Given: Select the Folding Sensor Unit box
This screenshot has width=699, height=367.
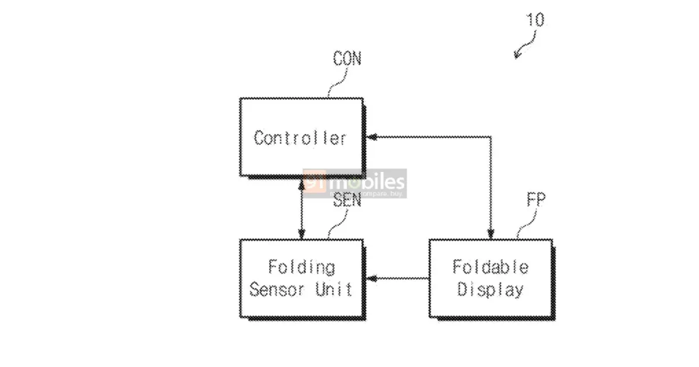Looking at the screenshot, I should tap(302, 278).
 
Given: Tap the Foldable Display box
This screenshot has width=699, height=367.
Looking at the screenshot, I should tap(490, 278).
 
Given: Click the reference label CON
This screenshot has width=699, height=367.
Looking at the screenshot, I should tap(347, 59).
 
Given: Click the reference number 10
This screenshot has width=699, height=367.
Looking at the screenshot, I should tap(535, 20).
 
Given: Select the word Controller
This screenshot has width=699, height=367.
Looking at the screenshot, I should tap(301, 138).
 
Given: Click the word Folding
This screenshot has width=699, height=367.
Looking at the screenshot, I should tap(302, 267).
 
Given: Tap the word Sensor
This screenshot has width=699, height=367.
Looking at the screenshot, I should tap(277, 289).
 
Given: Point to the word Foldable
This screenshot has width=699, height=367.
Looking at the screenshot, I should tap(490, 267).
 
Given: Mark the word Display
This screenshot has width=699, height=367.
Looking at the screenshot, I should tap(490, 290).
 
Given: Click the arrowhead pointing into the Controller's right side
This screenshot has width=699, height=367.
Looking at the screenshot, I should tap(372, 137).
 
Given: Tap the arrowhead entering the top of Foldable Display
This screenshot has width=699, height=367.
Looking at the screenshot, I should tap(490, 234).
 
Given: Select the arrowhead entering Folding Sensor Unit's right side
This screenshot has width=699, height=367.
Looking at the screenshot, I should tap(372, 278).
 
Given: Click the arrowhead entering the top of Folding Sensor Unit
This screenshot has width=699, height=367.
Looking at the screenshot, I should tap(302, 234).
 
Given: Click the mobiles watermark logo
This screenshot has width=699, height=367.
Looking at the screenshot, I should tap(355, 182).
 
